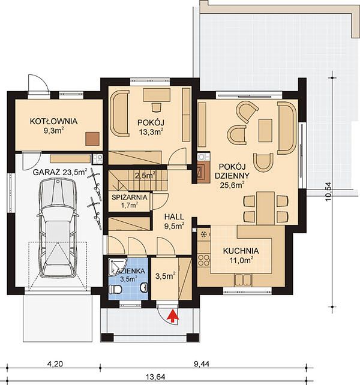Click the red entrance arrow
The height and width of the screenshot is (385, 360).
(173, 316)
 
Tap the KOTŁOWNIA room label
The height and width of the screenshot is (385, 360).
(53, 121)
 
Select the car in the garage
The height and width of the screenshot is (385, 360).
(58, 227)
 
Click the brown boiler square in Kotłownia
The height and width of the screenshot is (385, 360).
(92, 139)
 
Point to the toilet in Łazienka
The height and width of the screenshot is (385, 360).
(115, 289)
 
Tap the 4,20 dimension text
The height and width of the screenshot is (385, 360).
(55, 363)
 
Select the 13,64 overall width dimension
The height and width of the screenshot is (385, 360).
(157, 377)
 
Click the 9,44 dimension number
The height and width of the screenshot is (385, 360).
(202, 363)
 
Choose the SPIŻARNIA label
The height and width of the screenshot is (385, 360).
(130, 197)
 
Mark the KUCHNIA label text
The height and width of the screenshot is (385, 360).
(241, 251)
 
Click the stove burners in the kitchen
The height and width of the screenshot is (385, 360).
(204, 260)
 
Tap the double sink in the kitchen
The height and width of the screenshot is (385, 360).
(243, 279)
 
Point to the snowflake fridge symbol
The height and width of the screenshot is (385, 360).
(203, 234)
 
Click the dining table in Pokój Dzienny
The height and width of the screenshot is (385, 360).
(265, 208)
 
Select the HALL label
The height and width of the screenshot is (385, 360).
(174, 217)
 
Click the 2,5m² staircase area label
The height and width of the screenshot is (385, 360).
(145, 175)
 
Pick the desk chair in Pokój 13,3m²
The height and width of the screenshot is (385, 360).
(157, 107)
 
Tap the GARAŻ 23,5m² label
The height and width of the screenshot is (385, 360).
(60, 172)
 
